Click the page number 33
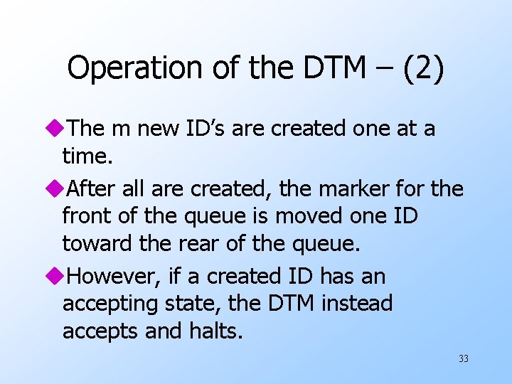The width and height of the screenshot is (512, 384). point(464,359)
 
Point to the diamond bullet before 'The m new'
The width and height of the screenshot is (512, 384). point(56,129)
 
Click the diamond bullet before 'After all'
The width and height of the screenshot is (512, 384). point(56,189)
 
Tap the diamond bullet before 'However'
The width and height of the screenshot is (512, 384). point(56,276)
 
